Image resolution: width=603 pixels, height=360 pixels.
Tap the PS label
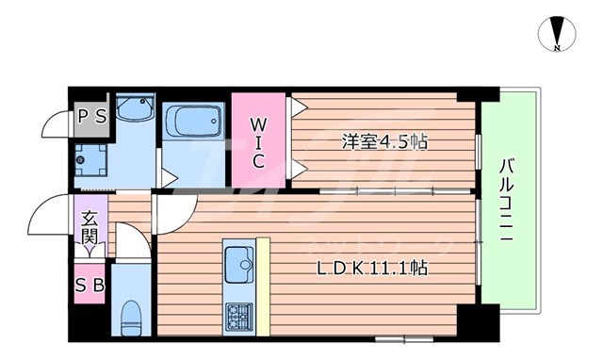click(91, 116)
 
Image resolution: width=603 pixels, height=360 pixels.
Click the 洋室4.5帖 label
click(384, 142)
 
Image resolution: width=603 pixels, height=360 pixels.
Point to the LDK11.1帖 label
click(373, 268)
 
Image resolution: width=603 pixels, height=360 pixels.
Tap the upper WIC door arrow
click(298, 108)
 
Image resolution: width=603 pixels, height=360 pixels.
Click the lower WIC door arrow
click(298, 169)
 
